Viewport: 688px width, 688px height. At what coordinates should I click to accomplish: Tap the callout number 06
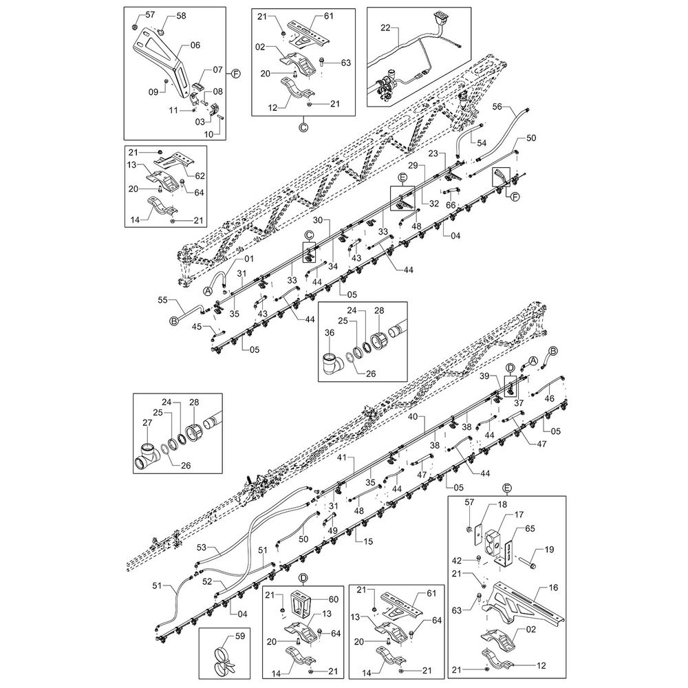pyautogui.click(x=195, y=45)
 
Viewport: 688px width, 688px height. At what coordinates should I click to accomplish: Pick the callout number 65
pyautogui.click(x=530, y=528)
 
